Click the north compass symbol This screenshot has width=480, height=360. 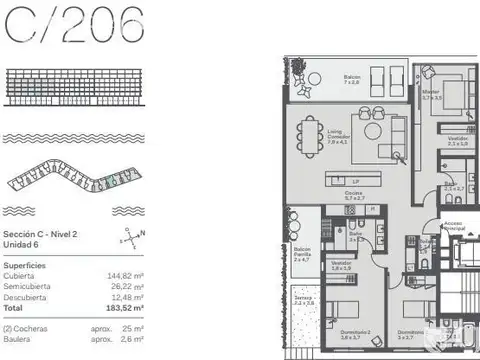(x=134, y=239)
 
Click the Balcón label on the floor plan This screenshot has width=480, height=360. (x=352, y=77)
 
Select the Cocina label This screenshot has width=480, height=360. (x=354, y=196)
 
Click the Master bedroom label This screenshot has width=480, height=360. (x=432, y=95)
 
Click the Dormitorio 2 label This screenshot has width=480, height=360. (x=349, y=334)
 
